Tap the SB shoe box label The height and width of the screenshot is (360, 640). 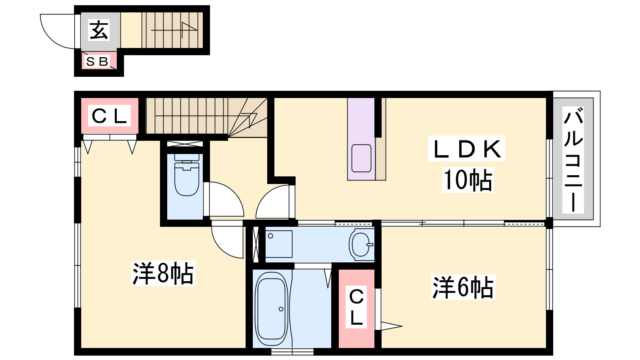point(97,62)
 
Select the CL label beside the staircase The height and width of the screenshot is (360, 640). point(109,116)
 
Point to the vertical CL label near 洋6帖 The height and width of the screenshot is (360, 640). point(356,307)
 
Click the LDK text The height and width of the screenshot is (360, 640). point(466,149)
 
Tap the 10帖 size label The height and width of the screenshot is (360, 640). point(468,180)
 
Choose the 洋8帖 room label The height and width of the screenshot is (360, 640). point(163,273)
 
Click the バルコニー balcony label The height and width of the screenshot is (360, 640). point(573,160)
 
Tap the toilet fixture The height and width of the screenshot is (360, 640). point(186,175)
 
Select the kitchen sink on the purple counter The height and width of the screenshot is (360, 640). point(362,158)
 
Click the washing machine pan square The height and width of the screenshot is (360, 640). point(279,244)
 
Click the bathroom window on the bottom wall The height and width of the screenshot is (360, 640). point(292,352)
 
